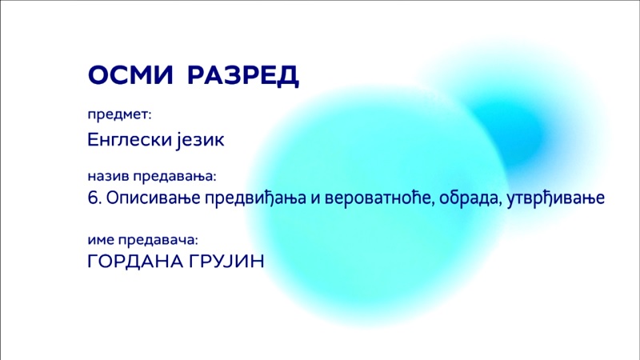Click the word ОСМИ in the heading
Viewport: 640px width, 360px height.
130,74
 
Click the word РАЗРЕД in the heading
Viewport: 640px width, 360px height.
243,75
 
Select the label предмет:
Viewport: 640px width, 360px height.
119,115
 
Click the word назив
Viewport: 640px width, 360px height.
108,176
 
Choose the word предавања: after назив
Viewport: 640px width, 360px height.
174,177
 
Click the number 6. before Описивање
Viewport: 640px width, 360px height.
94,198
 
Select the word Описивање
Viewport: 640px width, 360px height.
154,198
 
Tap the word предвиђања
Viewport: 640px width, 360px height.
255,198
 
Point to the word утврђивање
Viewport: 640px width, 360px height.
556,198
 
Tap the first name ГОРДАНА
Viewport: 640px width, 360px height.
135,262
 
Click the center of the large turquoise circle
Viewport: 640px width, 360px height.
378,204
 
